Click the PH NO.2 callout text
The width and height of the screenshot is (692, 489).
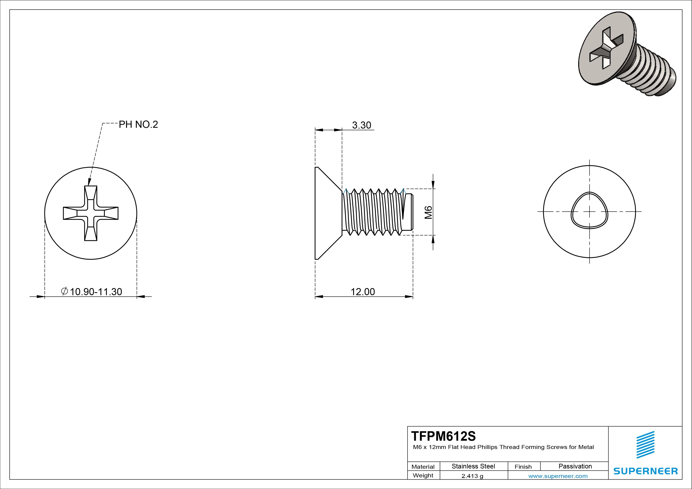[x=138, y=124]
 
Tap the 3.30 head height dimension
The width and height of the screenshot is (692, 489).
[x=361, y=125]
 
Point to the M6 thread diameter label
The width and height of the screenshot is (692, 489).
[x=428, y=212]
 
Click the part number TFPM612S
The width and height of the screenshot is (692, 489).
[x=443, y=436]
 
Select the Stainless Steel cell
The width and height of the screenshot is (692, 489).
[x=473, y=466]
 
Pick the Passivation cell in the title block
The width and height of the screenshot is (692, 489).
[x=575, y=466]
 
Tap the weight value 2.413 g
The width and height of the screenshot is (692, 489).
[x=472, y=476]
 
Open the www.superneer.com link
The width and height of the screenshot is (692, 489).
[x=558, y=476]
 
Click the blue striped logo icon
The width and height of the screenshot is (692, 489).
[x=645, y=445]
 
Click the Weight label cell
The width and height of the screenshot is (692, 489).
[x=423, y=475]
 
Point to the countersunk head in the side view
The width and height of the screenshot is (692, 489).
[x=327, y=213]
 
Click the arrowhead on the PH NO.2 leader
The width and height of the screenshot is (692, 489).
[x=89, y=182]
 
